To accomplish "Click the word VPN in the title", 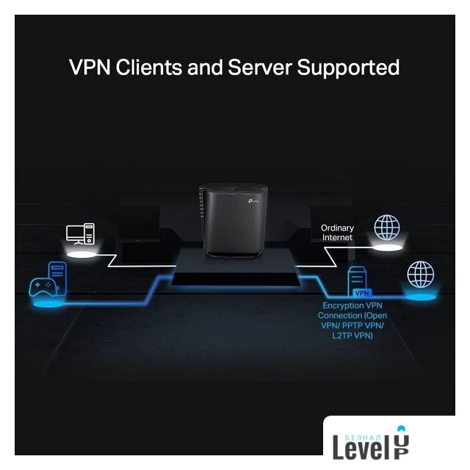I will tap(89, 68).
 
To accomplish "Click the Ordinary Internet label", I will tap(337, 233).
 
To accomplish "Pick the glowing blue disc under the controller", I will tap(45, 302).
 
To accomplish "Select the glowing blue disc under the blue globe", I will tap(421, 298).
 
